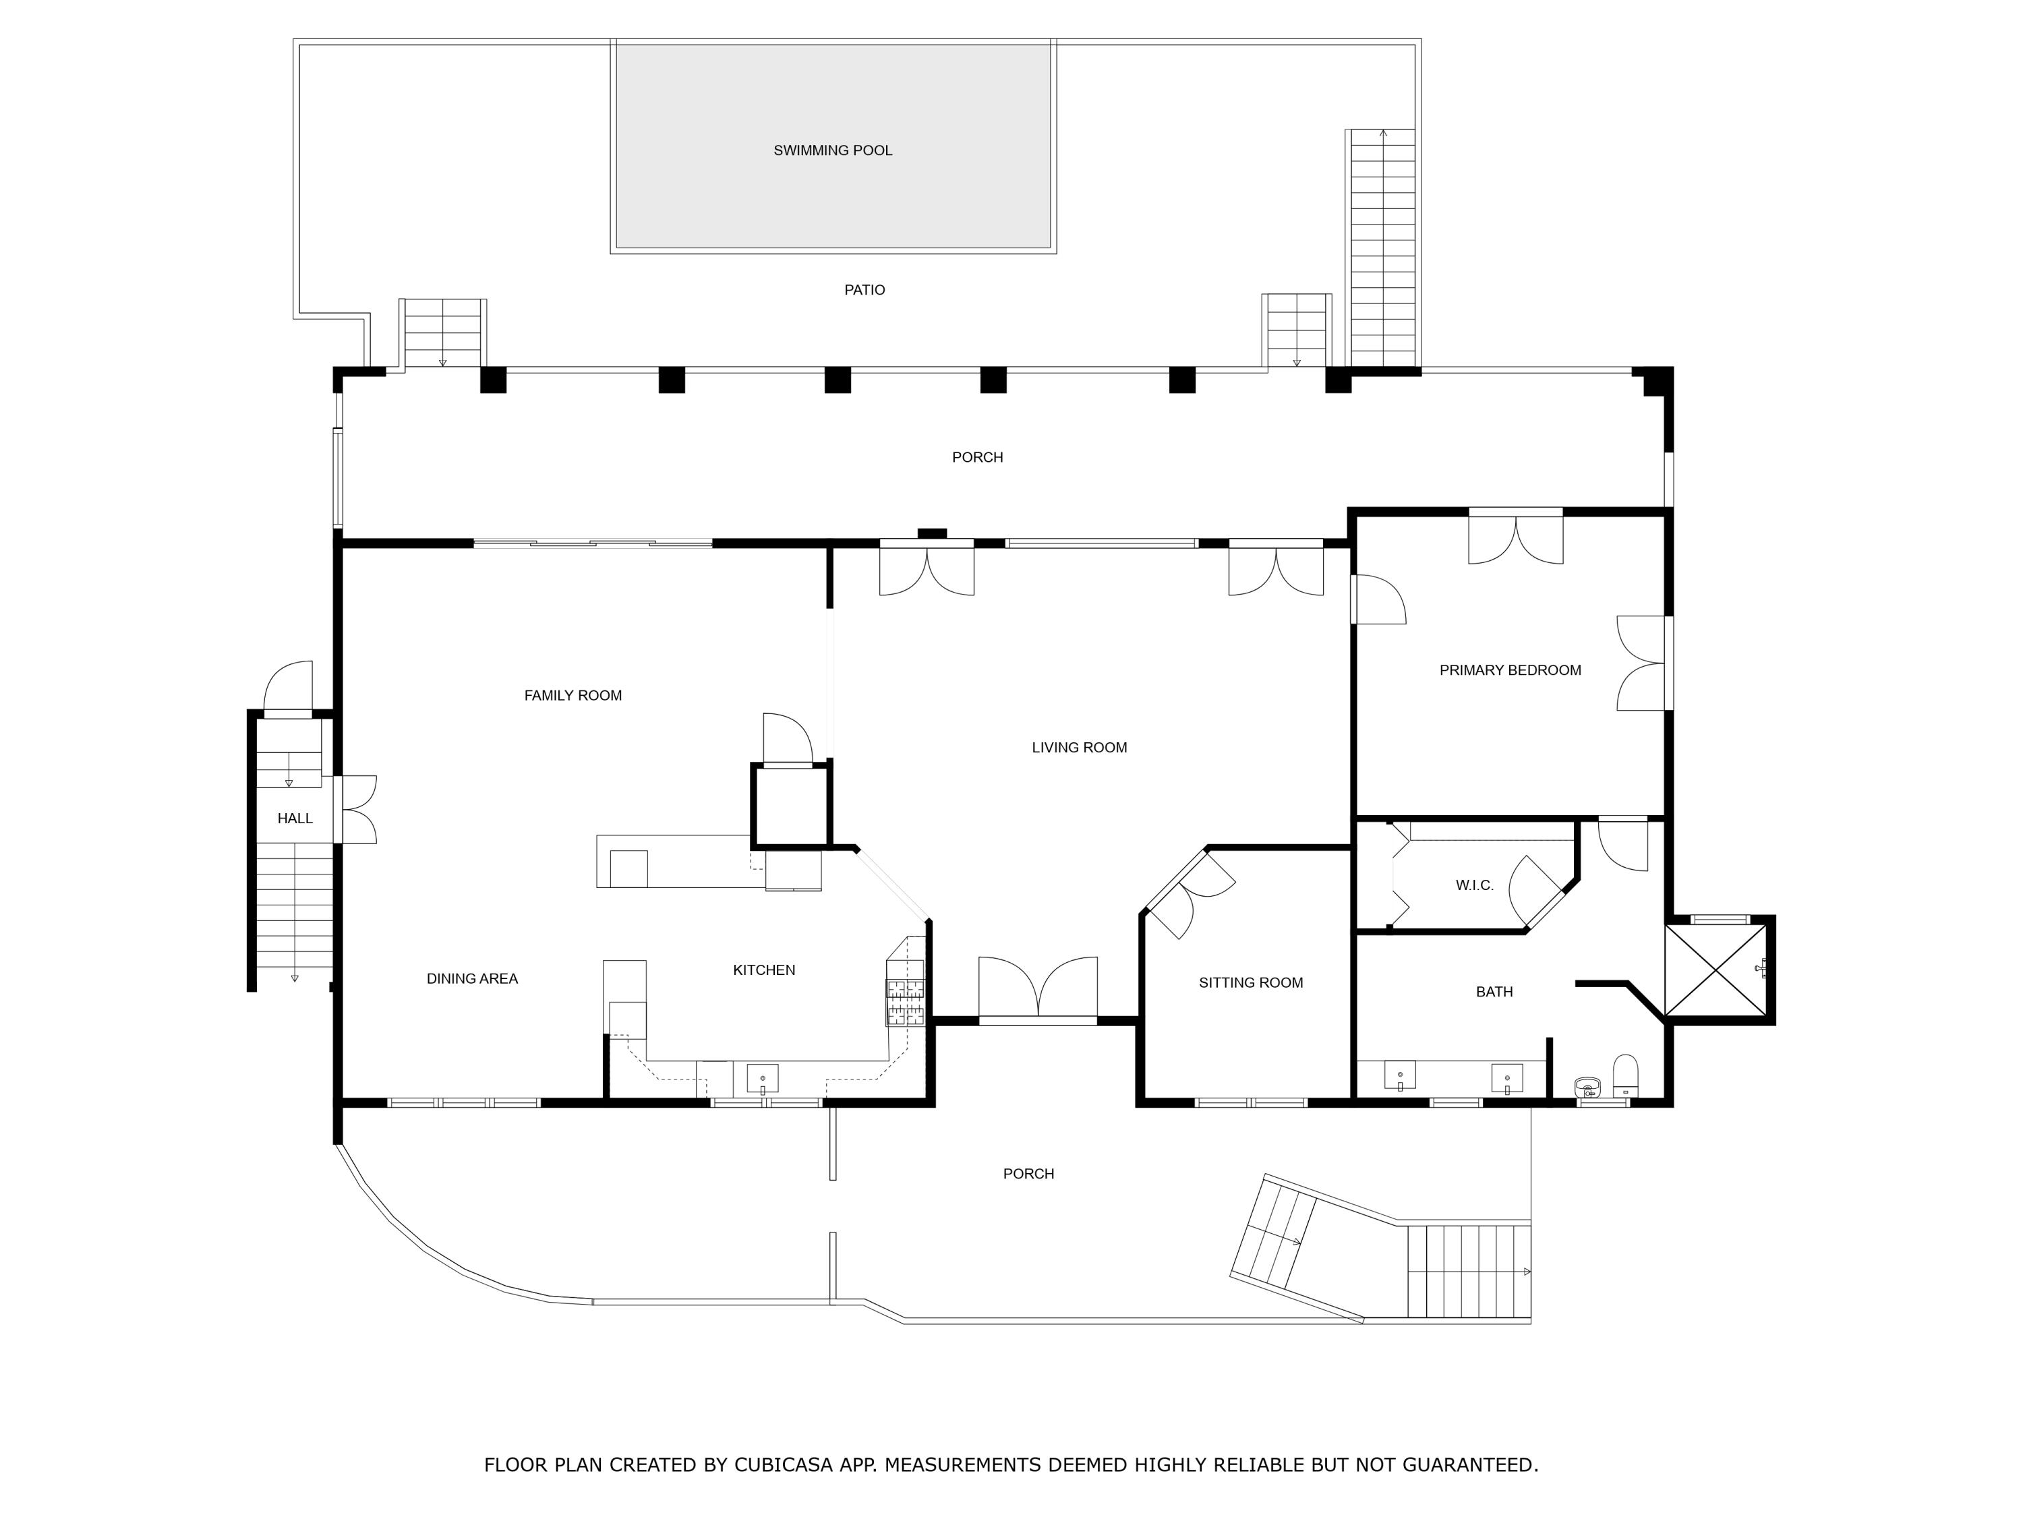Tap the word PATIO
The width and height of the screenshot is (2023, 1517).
point(864,290)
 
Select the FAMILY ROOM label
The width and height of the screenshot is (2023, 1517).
point(573,696)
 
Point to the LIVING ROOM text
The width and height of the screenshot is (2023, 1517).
point(1079,748)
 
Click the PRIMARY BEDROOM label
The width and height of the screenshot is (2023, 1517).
point(1510,670)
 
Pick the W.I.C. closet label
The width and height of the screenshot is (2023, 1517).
point(1474,885)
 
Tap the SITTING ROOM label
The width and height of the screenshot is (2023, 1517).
point(1250,983)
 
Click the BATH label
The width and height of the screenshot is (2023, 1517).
point(1494,991)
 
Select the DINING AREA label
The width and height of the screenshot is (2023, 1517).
point(472,978)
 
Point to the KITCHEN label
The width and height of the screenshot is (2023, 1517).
point(763,970)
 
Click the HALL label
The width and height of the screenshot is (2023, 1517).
point(295,819)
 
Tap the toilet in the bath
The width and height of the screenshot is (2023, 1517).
point(1625,1076)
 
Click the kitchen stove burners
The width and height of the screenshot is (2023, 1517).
point(904,1001)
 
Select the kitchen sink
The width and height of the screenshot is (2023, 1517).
point(763,1079)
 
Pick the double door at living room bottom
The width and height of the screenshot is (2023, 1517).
point(1038,991)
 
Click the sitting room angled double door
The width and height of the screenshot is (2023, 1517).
point(1188,894)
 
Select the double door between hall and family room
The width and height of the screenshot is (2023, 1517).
point(357,809)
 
